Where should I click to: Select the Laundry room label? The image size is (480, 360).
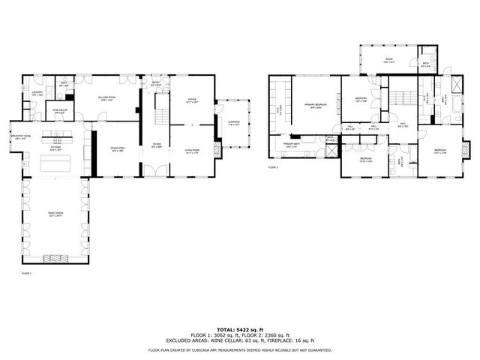point(36,94)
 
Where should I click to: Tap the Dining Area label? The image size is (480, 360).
point(117,151)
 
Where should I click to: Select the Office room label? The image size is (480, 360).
point(191,101)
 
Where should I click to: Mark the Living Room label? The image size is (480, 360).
point(191,151)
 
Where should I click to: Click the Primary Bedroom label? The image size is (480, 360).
point(315,106)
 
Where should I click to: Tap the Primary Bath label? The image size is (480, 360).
point(292,146)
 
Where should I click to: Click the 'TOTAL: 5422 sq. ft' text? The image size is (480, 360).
point(240,329)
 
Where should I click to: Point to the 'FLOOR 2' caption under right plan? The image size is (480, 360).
point(273,168)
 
